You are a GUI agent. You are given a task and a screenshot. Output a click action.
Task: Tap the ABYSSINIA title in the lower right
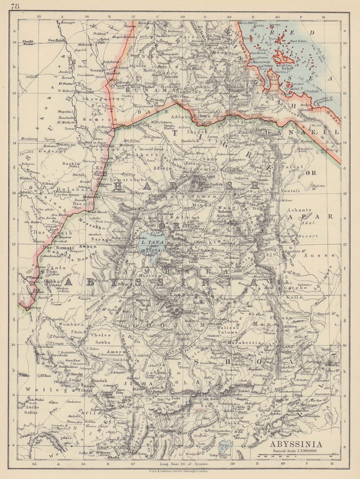point(296,444)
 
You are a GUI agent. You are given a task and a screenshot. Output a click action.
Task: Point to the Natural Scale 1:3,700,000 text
point(296,451)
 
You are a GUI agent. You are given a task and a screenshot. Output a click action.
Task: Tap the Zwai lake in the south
point(225,445)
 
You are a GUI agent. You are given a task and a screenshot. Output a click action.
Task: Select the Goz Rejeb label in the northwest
point(56,40)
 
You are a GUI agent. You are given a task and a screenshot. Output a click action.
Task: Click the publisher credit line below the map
point(179,471)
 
